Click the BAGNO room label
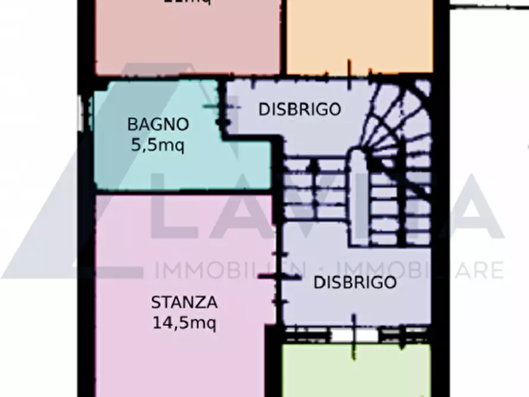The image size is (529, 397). (158, 124)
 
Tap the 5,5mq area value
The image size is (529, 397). (158, 144)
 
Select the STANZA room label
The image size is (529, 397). (184, 303)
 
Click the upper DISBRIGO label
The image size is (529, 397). (300, 110)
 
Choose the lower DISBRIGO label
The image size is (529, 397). (355, 283)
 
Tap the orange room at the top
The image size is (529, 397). (359, 36)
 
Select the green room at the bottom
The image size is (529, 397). (355, 370)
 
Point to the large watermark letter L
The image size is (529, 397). (178, 213)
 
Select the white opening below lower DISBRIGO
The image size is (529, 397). (354, 335)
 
